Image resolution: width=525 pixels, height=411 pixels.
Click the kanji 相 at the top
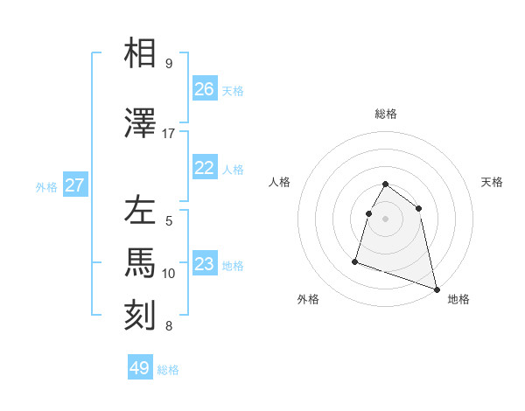(143, 54)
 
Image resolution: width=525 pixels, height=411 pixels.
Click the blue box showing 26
(205, 89)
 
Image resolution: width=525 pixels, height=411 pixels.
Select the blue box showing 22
(205, 168)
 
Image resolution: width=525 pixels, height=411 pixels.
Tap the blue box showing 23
(205, 264)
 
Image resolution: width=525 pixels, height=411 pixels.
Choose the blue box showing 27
(75, 185)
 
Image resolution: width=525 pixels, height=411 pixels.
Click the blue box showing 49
(140, 368)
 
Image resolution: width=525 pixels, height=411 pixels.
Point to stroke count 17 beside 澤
(169, 134)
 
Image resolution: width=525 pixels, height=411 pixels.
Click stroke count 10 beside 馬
(169, 274)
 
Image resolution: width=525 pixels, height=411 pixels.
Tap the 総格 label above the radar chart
(386, 115)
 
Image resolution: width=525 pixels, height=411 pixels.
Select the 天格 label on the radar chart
(493, 182)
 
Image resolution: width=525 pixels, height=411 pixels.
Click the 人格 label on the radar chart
(280, 182)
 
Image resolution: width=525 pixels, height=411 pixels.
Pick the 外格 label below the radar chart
(308, 300)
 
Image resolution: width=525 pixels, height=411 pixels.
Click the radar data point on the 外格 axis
(355, 261)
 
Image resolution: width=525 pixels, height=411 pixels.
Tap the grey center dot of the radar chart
(386, 219)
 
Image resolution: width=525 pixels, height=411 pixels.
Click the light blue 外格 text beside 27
(46, 186)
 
